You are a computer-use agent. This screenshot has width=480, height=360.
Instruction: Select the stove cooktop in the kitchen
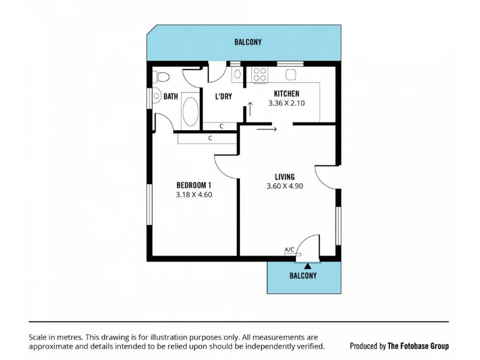click(260, 74)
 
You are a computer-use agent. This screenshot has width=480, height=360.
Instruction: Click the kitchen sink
click(291, 74)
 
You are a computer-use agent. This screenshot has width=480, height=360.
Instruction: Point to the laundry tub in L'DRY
click(237, 74)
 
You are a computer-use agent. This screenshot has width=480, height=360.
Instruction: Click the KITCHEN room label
click(286, 94)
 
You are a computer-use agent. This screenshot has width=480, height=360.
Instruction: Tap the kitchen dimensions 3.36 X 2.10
click(286, 103)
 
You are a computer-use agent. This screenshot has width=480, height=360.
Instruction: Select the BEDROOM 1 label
click(194, 185)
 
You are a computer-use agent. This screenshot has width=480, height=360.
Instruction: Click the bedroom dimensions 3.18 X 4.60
click(194, 194)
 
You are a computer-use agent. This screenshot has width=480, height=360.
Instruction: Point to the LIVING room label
click(284, 177)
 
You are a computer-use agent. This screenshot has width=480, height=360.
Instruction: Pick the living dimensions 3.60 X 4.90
click(284, 187)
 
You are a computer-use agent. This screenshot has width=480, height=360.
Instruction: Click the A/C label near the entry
click(289, 250)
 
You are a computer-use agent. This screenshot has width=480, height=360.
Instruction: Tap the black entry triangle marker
click(307, 265)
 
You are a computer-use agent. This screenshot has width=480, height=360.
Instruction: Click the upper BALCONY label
click(248, 43)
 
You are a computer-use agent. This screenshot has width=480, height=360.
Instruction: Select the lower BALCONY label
click(303, 276)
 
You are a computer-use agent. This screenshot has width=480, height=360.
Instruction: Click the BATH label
click(170, 96)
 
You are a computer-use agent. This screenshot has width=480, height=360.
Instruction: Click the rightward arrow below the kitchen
click(266, 128)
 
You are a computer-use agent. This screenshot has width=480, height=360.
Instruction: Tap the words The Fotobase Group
click(418, 346)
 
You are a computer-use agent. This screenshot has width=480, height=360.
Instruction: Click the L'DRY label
click(223, 96)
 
